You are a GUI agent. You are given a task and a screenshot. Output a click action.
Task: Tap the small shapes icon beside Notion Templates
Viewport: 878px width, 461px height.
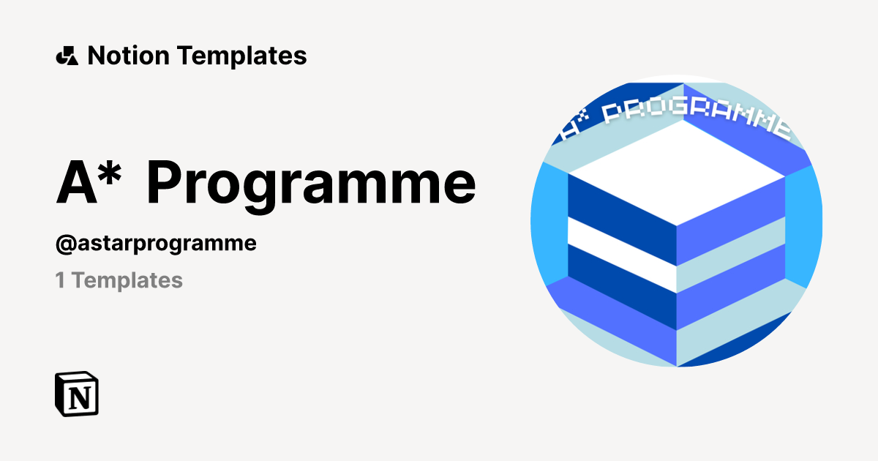pyautogui.click(x=67, y=56)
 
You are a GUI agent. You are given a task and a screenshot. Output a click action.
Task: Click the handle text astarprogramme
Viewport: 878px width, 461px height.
pyautogui.click(x=165, y=244)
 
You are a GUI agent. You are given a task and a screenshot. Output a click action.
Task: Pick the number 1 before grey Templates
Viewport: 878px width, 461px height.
pyautogui.click(x=60, y=280)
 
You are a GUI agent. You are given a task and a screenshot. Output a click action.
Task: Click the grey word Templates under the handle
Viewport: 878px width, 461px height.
pyautogui.click(x=127, y=280)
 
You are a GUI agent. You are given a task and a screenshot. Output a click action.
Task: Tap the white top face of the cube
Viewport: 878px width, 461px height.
pyautogui.click(x=677, y=173)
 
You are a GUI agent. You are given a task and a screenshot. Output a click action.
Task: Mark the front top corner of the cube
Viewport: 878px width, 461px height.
pyautogui.click(x=677, y=226)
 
